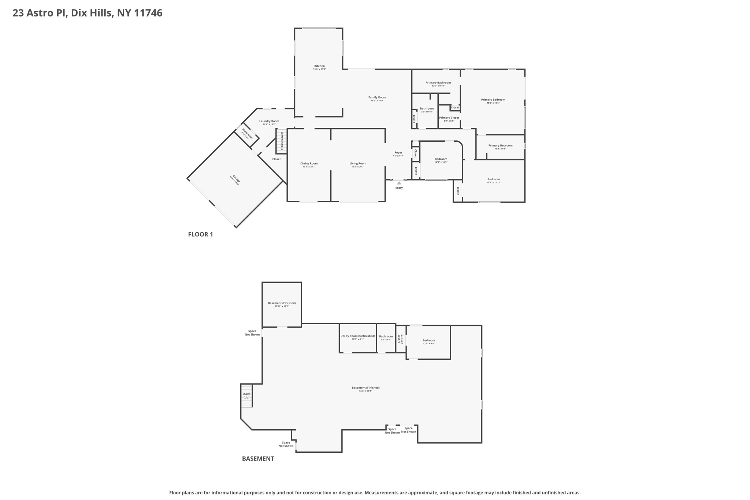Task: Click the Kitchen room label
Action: coord(319,66)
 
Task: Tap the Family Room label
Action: coord(377,97)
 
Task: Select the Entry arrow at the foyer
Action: coord(399,183)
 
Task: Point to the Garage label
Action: coord(236,180)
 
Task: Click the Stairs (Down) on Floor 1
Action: coord(282,141)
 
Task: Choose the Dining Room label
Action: coord(309,163)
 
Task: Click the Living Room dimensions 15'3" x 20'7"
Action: coord(358,167)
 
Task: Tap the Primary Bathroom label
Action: coord(438,83)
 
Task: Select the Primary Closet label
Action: coord(449,118)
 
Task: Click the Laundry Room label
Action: coord(269,121)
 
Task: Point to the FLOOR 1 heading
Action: coord(200,234)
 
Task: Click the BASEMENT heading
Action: coord(258,459)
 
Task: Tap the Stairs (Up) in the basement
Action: coord(246,396)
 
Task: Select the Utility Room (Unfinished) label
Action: coord(357,336)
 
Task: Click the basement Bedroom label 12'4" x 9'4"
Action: coord(428,340)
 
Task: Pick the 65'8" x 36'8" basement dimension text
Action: coord(365,391)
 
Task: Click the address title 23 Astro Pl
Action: coord(87,13)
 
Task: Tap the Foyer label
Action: coord(398,153)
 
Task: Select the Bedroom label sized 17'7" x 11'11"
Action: coord(493,179)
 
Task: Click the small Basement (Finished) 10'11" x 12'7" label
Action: coord(282,303)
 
